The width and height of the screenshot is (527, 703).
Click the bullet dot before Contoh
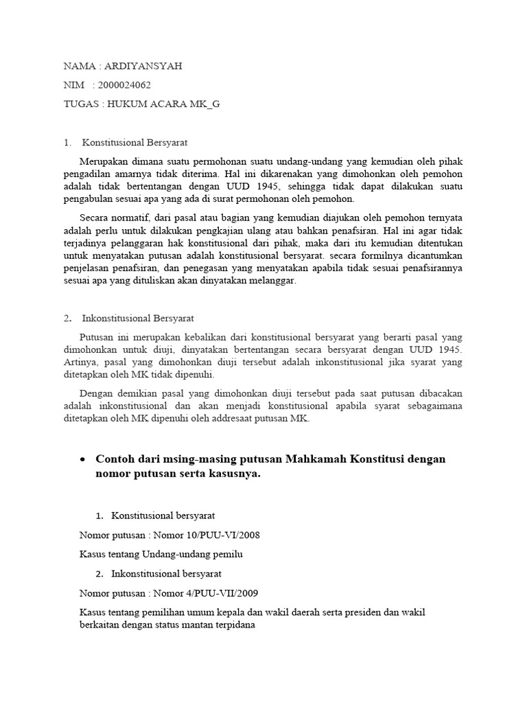pyautogui.click(x=83, y=459)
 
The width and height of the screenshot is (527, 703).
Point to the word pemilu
pyautogui.click(x=229, y=554)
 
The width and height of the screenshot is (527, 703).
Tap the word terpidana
pyautogui.click(x=229, y=625)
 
